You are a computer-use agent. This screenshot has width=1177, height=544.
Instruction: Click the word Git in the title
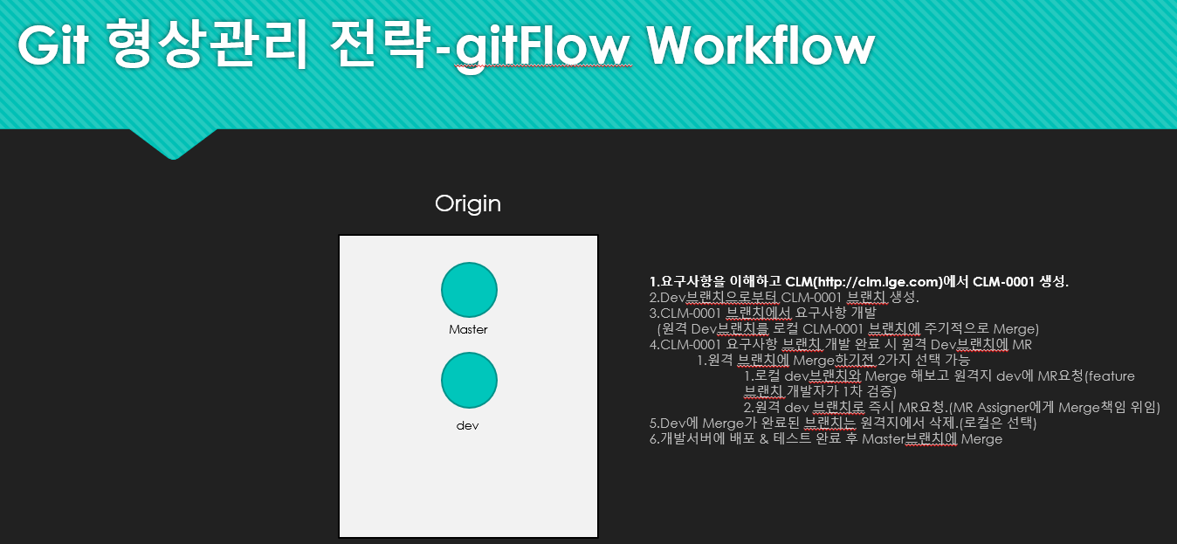[x=52, y=45]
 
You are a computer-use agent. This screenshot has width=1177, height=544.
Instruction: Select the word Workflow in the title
[x=761, y=45]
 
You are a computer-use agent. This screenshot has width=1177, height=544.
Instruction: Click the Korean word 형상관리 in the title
[x=210, y=45]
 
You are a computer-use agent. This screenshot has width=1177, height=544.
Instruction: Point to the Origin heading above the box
[x=468, y=204]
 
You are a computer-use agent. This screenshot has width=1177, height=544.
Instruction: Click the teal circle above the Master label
[x=469, y=290]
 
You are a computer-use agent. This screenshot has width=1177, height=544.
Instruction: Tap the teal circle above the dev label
[x=469, y=380]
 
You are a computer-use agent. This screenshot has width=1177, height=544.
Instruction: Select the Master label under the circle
[x=468, y=329]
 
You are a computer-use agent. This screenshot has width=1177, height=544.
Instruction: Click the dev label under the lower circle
[x=468, y=426]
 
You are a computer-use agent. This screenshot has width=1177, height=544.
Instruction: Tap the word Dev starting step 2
[x=672, y=298]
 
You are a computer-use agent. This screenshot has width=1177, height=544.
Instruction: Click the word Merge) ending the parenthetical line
[x=1016, y=329]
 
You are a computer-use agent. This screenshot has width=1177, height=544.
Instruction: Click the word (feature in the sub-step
[x=1110, y=376]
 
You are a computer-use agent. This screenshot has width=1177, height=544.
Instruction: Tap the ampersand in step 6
[x=764, y=439]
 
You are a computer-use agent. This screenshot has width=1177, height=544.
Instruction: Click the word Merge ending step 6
[x=981, y=439]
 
